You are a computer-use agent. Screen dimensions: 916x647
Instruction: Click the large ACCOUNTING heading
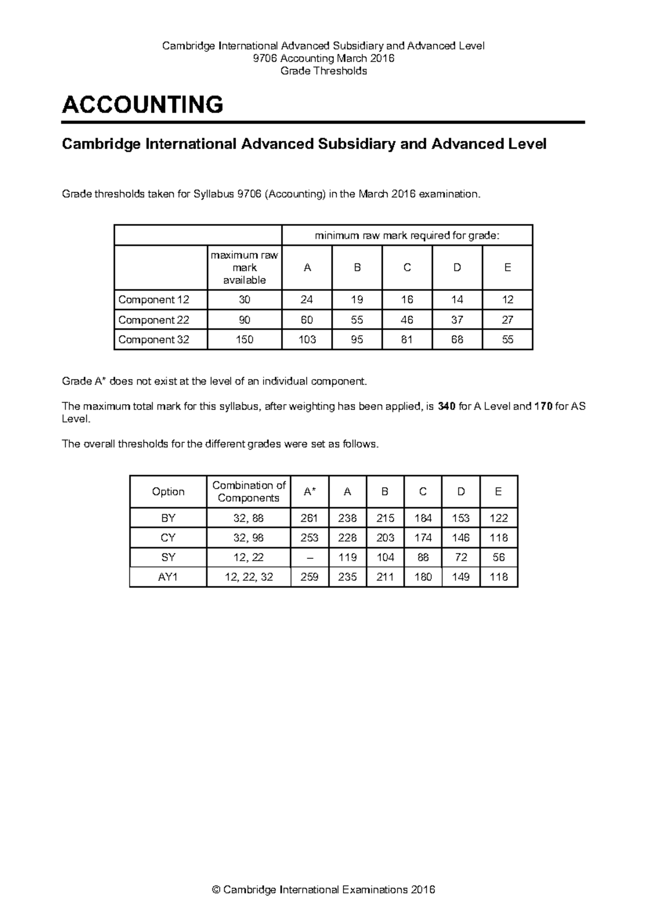click(x=142, y=105)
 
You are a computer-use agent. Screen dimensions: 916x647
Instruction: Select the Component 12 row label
click(x=154, y=299)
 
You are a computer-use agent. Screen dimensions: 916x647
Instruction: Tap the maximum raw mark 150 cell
click(x=244, y=340)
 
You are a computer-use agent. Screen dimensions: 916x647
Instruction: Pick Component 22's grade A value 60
click(x=307, y=320)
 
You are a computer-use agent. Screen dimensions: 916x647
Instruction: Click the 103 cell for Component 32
click(x=307, y=340)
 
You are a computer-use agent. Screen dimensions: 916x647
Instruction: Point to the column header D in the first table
click(x=457, y=268)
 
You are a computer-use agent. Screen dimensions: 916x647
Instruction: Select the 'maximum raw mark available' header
click(x=244, y=268)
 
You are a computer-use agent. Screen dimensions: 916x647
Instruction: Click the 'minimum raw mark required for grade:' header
click(x=407, y=235)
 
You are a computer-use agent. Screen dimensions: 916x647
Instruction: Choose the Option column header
click(x=168, y=491)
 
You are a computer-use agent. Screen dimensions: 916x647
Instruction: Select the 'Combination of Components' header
click(x=249, y=491)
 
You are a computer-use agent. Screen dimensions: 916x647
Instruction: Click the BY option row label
click(x=168, y=518)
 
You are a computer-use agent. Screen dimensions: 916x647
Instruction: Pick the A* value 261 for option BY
click(x=309, y=518)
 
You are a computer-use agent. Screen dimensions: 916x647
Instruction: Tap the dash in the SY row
click(x=309, y=557)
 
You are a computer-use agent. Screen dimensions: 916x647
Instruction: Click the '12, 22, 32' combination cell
click(x=249, y=577)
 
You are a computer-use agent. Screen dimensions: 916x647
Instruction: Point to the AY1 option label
click(x=168, y=577)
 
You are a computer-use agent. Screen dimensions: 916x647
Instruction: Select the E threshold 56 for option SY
click(x=498, y=557)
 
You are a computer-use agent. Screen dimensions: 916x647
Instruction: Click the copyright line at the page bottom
click(x=323, y=890)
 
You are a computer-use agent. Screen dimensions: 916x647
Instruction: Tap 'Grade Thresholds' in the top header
click(x=323, y=71)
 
